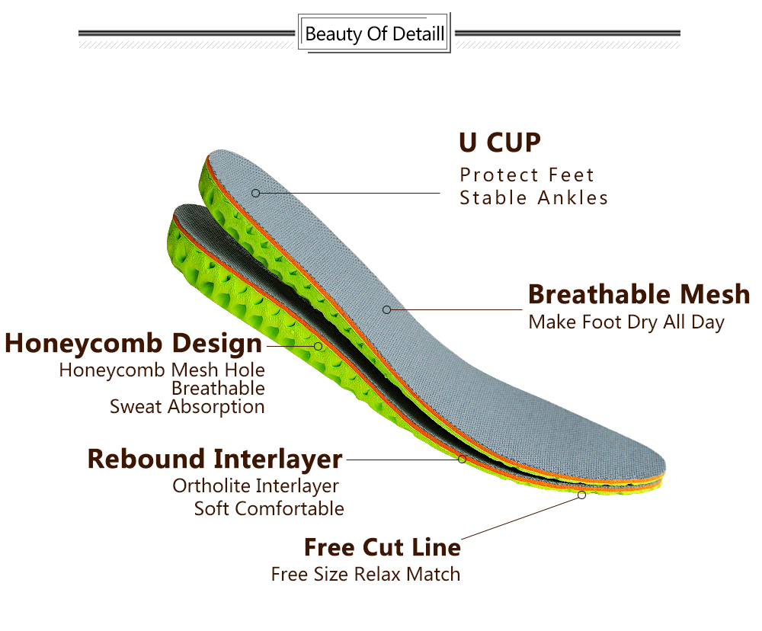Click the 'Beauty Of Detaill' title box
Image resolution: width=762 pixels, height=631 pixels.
pos(374,33)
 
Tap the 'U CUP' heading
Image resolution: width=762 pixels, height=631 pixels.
pos(500,143)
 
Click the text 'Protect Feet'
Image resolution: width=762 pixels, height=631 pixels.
pos(527,175)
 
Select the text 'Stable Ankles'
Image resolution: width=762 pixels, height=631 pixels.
pos(533,198)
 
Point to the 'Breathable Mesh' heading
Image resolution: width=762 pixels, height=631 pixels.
pos(639,294)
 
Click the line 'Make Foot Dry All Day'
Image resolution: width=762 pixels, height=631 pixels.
pos(626,322)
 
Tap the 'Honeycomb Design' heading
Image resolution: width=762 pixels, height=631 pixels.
pos(133,344)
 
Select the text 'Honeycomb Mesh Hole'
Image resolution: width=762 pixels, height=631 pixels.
pos(162,370)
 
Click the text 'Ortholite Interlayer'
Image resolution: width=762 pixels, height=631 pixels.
pos(255,485)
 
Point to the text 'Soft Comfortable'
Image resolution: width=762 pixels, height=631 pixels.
pos(269,508)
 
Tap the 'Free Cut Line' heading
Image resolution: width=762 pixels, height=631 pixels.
pos(383,547)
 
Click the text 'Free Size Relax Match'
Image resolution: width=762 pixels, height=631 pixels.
pos(366,574)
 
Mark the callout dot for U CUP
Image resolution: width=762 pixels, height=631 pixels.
pos(255,193)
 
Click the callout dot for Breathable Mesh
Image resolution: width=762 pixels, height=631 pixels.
pos(387,309)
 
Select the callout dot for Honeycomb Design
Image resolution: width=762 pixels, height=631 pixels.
pos(318,346)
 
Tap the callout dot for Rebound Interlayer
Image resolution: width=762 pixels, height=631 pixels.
pos(463,459)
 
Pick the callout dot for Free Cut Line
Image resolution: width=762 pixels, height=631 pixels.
pos(581,495)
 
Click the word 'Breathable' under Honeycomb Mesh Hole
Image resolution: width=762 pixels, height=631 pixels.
pos(218,389)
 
